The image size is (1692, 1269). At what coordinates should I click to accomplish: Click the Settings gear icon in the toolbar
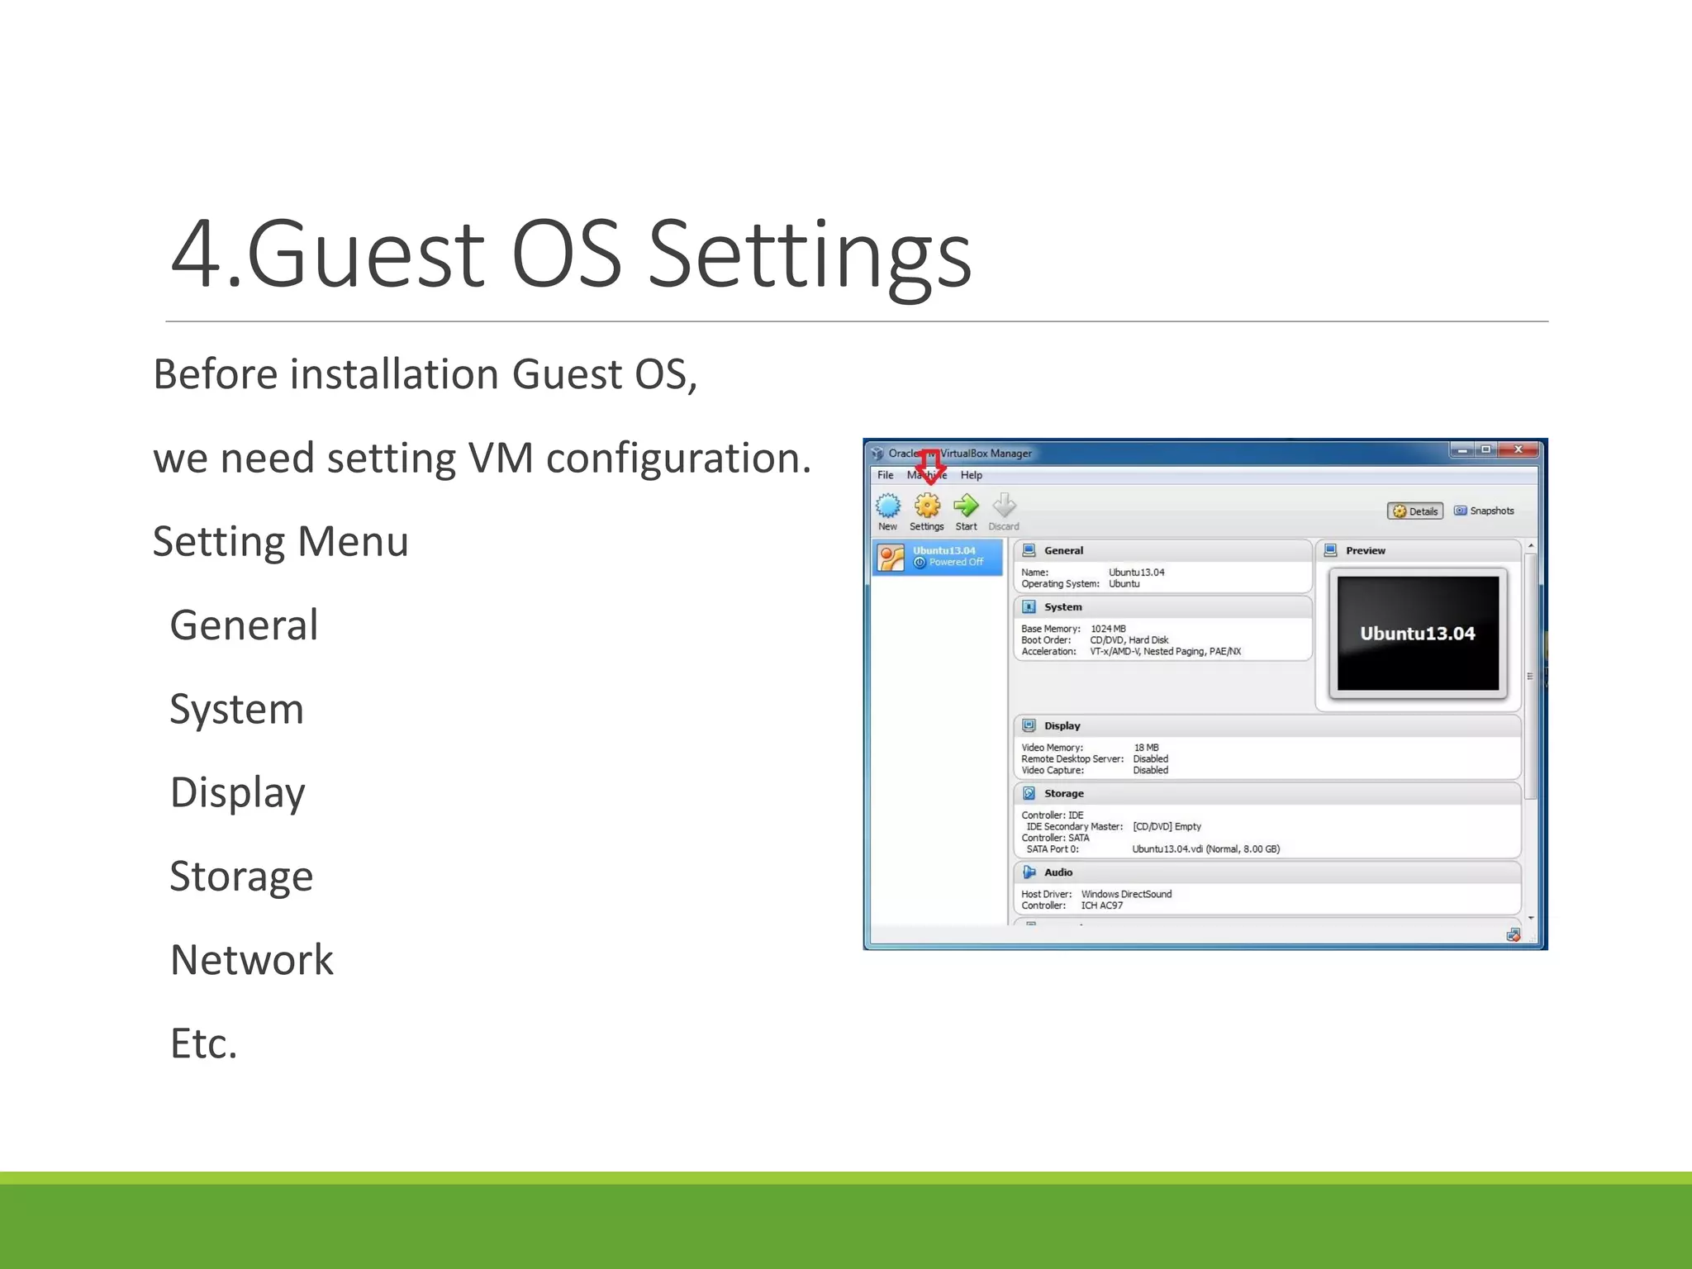927,506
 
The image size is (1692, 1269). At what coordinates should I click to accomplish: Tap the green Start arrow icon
966,506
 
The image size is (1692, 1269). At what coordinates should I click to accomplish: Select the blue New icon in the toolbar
888,506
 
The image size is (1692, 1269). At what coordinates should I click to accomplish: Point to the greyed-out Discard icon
1004,506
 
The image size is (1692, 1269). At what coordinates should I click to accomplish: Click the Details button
1415,511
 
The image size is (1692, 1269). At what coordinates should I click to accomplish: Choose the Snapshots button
1485,511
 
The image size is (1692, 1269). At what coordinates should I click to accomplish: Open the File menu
885,475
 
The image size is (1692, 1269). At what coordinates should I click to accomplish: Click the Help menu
971,475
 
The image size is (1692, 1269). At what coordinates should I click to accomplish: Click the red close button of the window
1518,449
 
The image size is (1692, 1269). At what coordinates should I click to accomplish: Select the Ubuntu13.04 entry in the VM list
938,557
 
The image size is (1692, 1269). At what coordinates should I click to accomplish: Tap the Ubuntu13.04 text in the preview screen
1418,634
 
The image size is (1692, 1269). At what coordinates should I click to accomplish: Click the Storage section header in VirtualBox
1063,793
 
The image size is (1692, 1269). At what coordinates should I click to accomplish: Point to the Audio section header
1057,872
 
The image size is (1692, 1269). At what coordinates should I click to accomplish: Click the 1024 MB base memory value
1108,629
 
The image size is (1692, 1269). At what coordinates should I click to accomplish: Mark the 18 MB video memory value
1146,748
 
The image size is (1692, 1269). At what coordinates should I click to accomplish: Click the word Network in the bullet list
252,960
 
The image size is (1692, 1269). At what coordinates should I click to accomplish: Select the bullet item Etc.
204,1043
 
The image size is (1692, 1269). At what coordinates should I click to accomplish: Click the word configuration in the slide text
678,459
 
